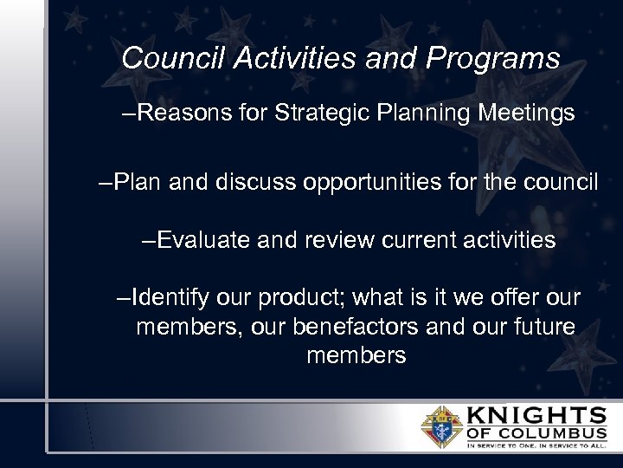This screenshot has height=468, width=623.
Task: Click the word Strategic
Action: [x=314, y=114]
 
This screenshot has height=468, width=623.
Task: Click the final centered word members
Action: [x=356, y=355]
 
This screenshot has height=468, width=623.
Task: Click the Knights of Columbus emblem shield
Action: [x=441, y=426]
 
